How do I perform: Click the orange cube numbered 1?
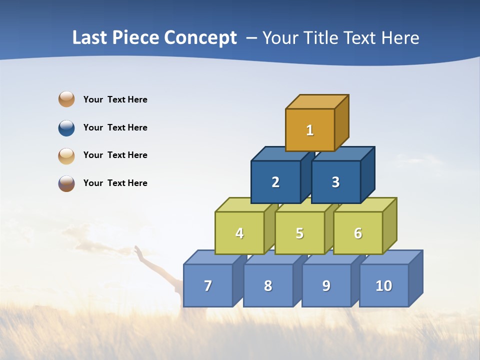coord(310,130)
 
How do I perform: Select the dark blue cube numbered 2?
coord(275,182)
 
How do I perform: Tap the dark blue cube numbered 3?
coord(335,182)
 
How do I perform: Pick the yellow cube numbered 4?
coord(239,233)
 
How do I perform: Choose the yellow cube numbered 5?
coord(299,233)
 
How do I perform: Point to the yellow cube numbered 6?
coord(358,233)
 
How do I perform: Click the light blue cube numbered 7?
coord(208,285)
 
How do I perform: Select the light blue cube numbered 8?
coord(268,285)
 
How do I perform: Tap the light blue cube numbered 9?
coord(326,285)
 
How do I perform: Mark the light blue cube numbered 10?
coord(383,285)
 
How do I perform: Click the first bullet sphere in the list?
coord(66,99)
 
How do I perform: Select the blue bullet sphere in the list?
coord(66,127)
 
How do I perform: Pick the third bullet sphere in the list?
coord(66,155)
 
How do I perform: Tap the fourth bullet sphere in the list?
coord(66,183)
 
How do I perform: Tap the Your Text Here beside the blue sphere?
coord(115,127)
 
